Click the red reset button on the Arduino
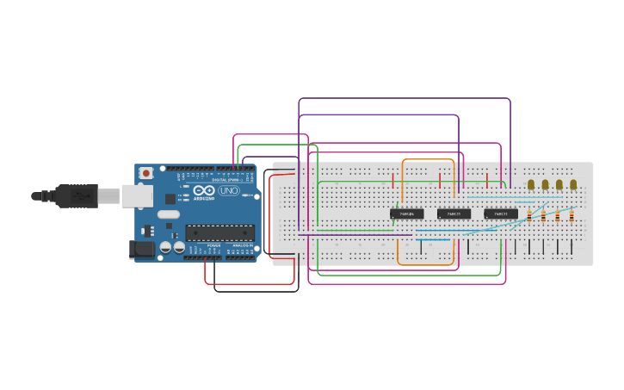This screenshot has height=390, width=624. tap(146, 173)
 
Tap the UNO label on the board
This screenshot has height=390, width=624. tap(229, 190)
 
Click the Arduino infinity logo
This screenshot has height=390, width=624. tap(204, 190)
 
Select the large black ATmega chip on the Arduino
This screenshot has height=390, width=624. tap(220, 232)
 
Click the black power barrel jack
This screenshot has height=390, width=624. tap(141, 250)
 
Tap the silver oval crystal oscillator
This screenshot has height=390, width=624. tap(169, 214)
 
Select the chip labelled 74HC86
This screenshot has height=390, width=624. tap(406, 214)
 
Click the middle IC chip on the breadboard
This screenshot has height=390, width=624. tap(454, 214)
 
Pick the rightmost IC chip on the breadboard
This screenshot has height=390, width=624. tap(501, 214)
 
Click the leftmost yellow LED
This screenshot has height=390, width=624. tap(531, 184)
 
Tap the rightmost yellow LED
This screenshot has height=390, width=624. tap(573, 184)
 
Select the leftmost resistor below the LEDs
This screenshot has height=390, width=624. tap(529, 216)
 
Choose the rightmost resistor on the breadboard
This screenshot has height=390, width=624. tap(571, 216)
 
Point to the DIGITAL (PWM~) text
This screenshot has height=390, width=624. tap(226, 180)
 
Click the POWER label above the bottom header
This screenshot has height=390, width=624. tap(213, 245)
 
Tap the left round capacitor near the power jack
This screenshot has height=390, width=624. tap(165, 248)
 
